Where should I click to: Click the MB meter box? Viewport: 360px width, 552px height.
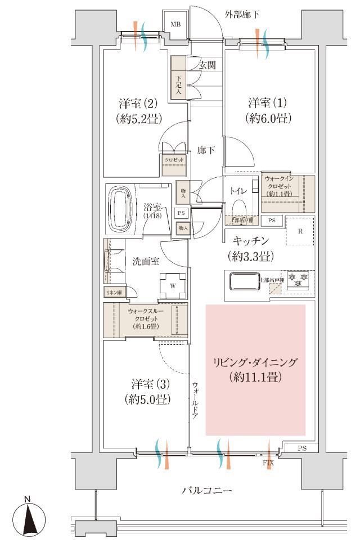click(175, 25)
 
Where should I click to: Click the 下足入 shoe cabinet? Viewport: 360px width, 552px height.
click(179, 86)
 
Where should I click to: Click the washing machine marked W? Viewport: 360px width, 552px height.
click(173, 285)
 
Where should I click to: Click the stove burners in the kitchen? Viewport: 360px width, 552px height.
click(298, 280)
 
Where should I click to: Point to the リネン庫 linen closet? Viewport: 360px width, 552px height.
click(114, 293)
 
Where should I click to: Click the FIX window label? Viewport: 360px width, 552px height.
click(268, 463)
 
